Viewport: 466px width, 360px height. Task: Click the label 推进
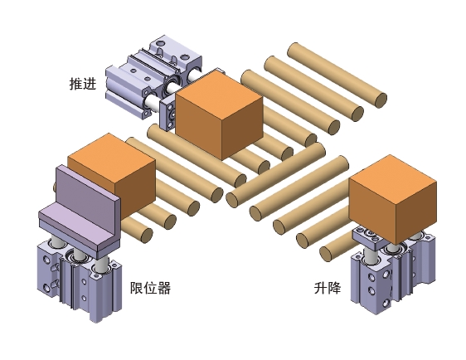coord(83,84)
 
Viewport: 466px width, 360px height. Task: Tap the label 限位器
coord(150,288)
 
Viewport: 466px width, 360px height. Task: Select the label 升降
coord(328,288)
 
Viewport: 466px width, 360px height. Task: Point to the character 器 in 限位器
coord(164,288)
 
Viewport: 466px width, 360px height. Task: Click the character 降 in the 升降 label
coord(335,288)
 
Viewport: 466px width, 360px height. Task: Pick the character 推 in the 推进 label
coord(75,84)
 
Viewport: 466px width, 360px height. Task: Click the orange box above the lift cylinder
coord(392,199)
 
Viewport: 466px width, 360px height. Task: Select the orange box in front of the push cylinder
coord(219,114)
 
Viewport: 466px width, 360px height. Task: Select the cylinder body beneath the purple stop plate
coord(80,280)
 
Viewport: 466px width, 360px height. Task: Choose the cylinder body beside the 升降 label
coord(392,276)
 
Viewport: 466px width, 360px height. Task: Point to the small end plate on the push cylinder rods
coord(167,115)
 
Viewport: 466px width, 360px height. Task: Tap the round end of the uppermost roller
coord(381,100)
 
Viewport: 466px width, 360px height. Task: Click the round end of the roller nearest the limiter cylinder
coord(146,235)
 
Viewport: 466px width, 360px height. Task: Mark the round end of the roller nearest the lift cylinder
coord(326,254)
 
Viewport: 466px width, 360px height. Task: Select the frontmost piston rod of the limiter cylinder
coord(102,265)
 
